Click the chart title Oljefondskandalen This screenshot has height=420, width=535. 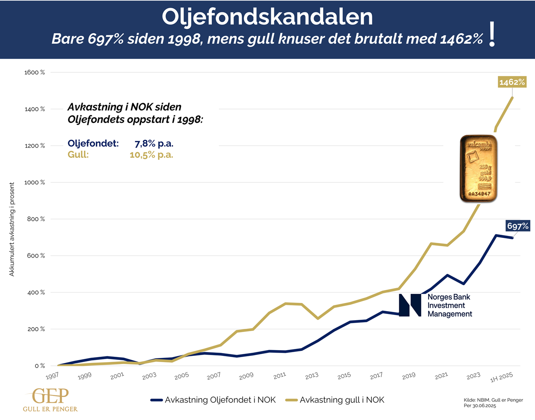coord(267,16)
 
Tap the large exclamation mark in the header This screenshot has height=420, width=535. coord(492,35)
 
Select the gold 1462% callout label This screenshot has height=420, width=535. coord(512,82)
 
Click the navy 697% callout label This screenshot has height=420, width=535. coord(518,226)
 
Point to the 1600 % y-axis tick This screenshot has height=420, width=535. coord(35,72)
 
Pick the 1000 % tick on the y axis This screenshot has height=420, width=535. coord(35,182)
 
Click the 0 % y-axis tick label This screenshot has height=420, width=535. coord(39,366)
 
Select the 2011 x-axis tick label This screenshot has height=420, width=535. coord(280,375)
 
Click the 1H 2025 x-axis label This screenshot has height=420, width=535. coord(502,377)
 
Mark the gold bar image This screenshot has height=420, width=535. coord(478,168)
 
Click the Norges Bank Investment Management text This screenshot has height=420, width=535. coord(449,305)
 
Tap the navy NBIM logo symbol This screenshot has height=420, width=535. coord(410,305)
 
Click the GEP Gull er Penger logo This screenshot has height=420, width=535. coord(50,400)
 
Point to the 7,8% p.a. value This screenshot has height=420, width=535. coord(154,144)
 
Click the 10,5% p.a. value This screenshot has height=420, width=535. coord(151,155)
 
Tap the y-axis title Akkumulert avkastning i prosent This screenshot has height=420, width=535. coord(12,229)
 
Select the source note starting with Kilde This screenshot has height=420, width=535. coord(493,403)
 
